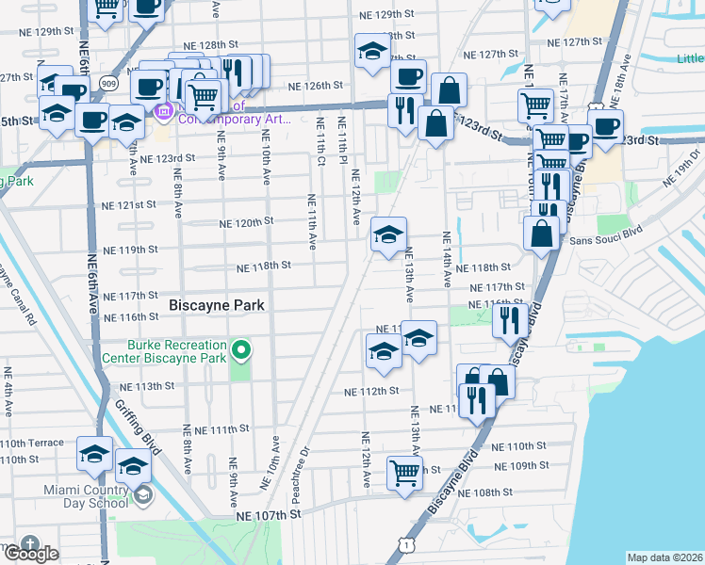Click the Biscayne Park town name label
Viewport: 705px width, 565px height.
click(x=217, y=305)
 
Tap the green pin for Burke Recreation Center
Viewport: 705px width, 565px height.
click(x=241, y=352)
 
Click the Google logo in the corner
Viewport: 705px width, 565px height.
click(x=30, y=552)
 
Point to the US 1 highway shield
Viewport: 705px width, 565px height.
click(x=403, y=544)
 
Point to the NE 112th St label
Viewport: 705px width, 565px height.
click(x=371, y=392)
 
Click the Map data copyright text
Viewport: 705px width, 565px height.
click(x=664, y=557)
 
